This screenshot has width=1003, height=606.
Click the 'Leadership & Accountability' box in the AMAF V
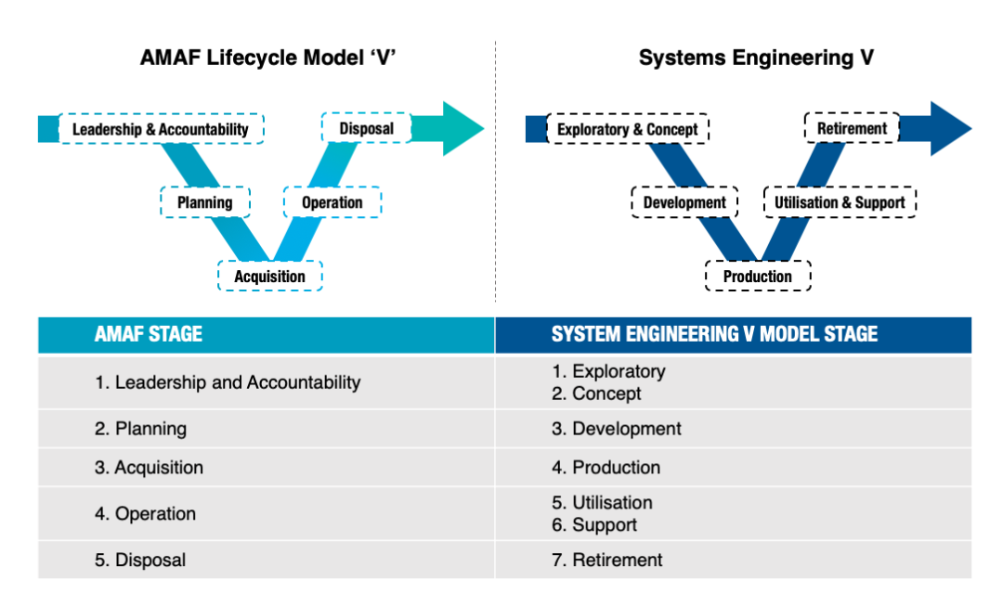click(161, 129)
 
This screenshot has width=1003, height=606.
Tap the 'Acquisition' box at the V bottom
click(269, 276)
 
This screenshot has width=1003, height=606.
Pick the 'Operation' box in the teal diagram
click(332, 202)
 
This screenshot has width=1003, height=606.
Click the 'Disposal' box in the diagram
click(366, 128)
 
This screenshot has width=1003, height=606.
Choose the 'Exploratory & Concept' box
click(627, 129)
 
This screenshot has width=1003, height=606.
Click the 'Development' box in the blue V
click(684, 202)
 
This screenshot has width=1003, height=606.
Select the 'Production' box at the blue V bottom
click(757, 276)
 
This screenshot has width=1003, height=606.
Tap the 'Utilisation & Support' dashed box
click(840, 202)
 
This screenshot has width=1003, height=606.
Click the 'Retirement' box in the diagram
click(852, 128)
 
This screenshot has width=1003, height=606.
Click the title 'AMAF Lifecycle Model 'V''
click(269, 58)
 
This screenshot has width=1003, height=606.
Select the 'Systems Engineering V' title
click(755, 58)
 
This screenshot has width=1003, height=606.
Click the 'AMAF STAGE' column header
click(149, 334)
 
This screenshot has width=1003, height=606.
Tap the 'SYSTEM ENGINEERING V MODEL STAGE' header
click(714, 334)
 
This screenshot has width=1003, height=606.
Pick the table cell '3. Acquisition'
click(149, 468)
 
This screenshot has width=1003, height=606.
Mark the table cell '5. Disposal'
click(140, 560)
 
